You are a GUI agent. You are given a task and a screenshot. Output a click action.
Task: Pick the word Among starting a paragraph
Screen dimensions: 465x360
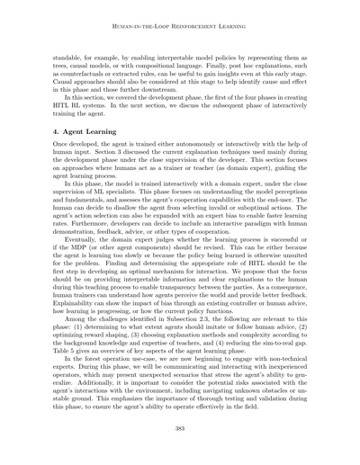pos(78,321)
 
